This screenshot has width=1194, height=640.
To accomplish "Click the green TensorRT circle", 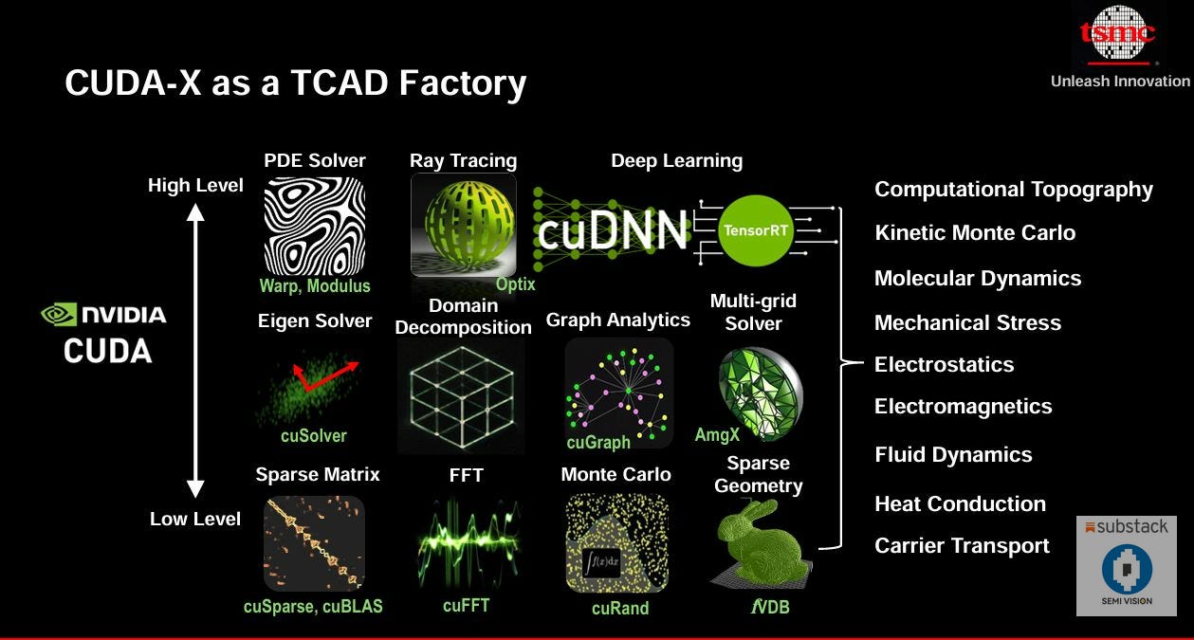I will coord(756,229).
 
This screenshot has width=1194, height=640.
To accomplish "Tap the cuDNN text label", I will coord(612,230).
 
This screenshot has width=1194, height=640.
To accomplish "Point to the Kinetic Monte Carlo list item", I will coord(975,233).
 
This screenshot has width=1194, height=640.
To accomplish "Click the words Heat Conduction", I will coord(960,504).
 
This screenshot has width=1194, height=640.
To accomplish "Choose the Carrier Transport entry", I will coord(962,546).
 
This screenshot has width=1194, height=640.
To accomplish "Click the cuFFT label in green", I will coord(466,605).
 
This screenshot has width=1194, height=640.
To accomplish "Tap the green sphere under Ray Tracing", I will coord(464,225).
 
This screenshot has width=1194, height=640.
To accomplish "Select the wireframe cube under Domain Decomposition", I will coord(461,396).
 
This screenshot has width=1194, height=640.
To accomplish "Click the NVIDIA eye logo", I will coord(59,315).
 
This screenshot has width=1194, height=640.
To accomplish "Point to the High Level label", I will coord(195,186).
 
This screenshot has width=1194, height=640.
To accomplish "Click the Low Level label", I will coord(195,519).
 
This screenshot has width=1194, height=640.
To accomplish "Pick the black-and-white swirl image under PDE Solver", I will coord(314,226).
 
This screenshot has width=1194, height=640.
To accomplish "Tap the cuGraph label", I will coord(598,443).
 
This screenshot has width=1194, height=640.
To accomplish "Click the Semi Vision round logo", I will coord(1127,570).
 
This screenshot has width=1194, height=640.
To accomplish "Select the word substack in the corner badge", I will coord(1132,527).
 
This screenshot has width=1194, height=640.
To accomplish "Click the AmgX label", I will coord(717,434).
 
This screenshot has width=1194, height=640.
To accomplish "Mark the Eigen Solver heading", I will coord(315,321).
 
